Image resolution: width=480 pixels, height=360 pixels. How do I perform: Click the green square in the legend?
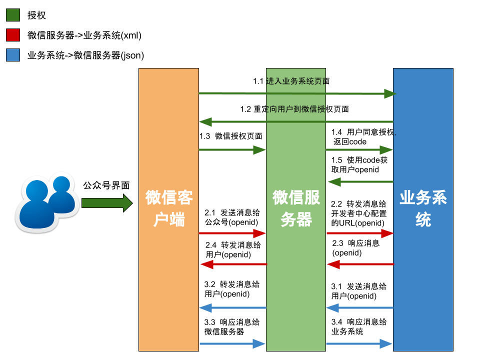point(13,15)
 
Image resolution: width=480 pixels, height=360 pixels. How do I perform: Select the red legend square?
point(13,35)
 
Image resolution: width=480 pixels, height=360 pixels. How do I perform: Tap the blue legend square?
point(13,55)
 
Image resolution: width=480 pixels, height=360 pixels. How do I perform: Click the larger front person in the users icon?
point(36,207)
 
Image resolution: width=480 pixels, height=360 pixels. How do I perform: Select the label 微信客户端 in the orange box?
point(169,208)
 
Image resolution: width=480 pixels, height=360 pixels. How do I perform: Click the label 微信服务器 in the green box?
point(296,208)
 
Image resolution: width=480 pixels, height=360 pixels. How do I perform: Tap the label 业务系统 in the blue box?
point(423,208)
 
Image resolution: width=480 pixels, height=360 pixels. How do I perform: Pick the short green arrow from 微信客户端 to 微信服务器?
point(232,150)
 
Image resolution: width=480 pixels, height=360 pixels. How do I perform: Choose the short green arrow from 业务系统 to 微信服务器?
point(360,182)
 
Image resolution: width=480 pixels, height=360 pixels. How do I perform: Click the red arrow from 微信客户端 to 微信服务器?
point(232,233)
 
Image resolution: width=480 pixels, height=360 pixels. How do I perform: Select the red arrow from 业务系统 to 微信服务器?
point(360,264)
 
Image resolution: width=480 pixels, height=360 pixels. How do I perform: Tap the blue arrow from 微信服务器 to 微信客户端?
point(232,308)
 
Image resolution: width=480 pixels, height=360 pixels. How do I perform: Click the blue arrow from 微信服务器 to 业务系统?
point(359,344)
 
